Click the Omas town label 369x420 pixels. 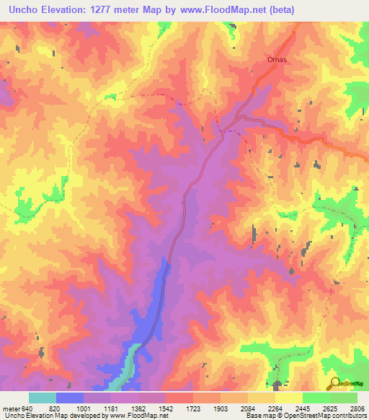(x=277, y=60)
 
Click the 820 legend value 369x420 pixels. (x=55, y=408)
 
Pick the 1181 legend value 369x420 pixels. (x=110, y=408)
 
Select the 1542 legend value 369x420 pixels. (x=165, y=408)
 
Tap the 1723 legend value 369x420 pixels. (x=192, y=408)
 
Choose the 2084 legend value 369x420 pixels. (x=247, y=408)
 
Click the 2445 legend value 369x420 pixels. (x=302, y=408)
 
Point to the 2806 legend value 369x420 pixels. (x=357, y=408)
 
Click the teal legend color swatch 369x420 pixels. (x=42, y=398)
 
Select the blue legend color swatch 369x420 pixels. (x=69, y=398)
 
